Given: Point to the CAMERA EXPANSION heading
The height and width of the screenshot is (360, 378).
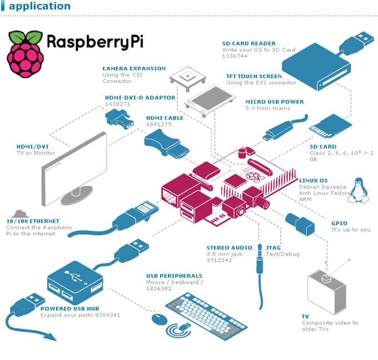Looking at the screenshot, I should [x=134, y=68].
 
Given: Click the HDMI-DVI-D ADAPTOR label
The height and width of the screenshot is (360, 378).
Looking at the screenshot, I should [x=140, y=97].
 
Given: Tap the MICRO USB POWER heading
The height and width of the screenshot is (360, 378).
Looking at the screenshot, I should [x=275, y=102].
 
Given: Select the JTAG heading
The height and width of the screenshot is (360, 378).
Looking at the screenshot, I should [x=273, y=248].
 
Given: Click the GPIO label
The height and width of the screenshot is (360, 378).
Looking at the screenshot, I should [x=340, y=223].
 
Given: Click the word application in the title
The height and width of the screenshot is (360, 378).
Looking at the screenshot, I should [x=39, y=7].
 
